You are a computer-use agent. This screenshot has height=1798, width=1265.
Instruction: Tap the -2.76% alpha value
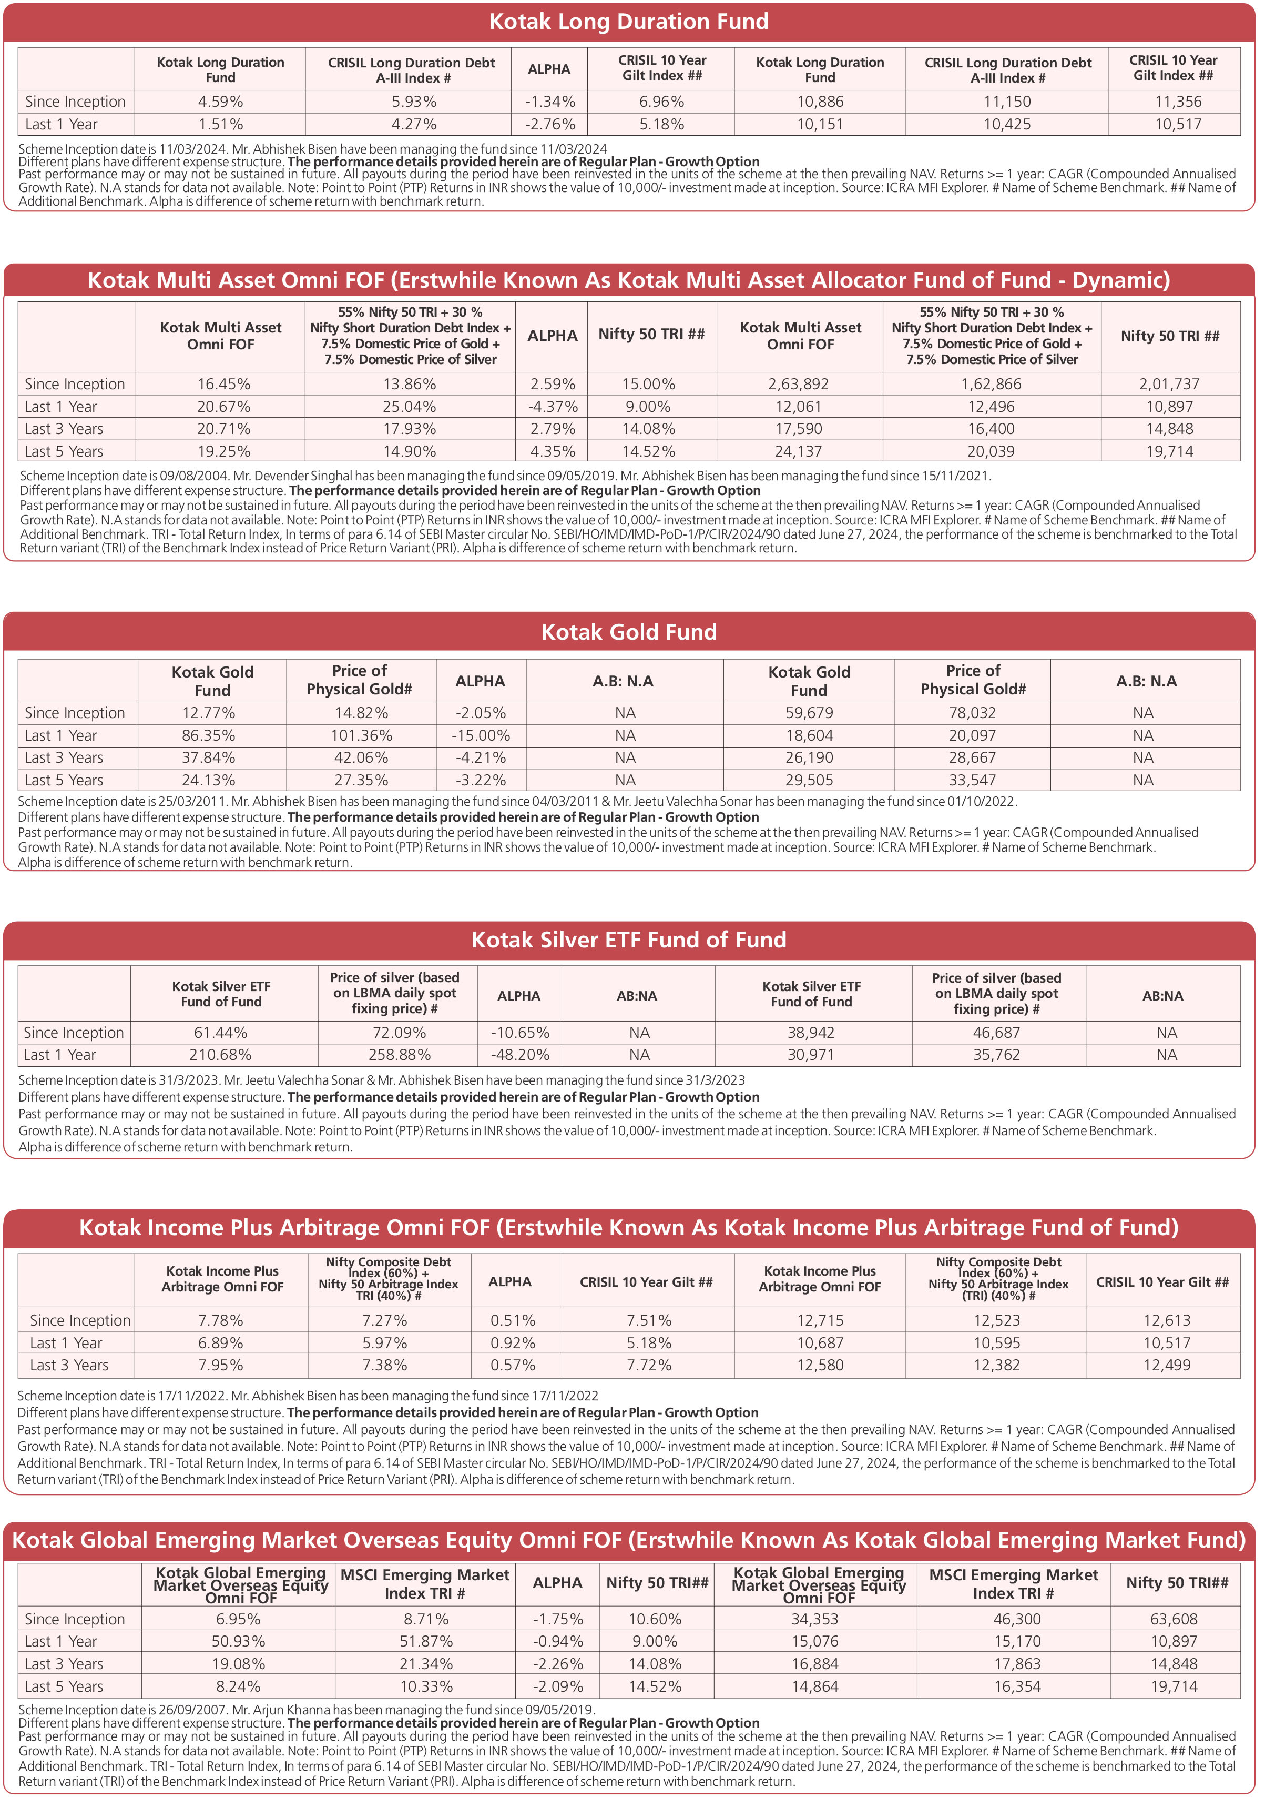549,125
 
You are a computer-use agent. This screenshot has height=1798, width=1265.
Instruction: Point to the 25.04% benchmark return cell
410,407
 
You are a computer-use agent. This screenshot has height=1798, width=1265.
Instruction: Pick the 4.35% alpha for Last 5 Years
552,451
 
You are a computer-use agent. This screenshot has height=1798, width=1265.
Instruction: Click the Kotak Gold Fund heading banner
629,632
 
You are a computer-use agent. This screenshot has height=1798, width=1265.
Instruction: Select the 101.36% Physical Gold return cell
361,735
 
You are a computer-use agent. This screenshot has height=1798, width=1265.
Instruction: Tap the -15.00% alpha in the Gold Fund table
480,735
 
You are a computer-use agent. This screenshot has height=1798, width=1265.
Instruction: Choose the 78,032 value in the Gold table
972,713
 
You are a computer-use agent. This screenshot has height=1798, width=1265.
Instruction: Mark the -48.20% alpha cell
520,1055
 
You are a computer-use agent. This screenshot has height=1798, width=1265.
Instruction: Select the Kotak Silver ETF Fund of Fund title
629,940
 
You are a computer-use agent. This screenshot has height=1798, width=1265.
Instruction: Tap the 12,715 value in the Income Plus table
820,1320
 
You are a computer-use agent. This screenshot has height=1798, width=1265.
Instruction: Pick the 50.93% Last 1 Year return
238,1641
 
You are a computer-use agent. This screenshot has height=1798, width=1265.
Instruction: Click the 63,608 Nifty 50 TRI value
1174,1619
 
